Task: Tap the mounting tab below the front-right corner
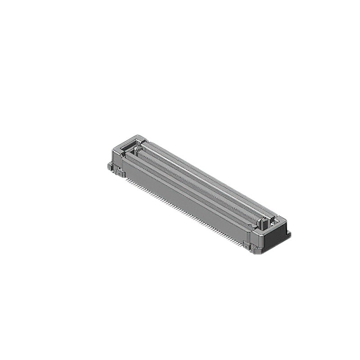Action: (x=247, y=246)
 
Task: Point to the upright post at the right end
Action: (x=265, y=221)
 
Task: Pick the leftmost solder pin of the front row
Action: (x=127, y=180)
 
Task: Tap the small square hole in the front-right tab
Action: (x=246, y=245)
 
